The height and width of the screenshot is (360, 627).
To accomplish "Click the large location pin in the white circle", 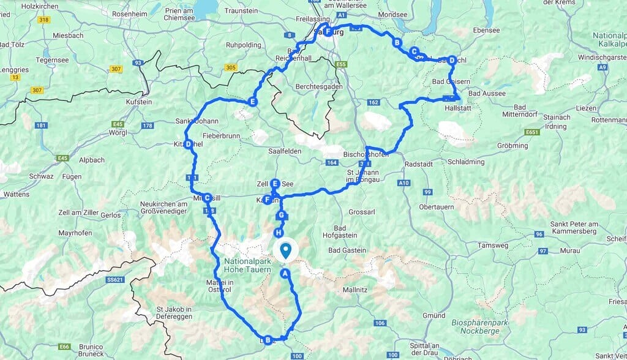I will tap(285, 250).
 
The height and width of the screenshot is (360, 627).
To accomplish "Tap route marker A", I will tap(284, 274).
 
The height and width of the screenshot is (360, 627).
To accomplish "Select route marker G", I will tap(281, 215).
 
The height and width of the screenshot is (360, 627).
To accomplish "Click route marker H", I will tap(279, 233).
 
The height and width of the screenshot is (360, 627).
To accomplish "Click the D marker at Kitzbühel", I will tap(189, 144).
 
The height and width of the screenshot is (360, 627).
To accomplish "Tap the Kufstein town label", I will tap(138, 102).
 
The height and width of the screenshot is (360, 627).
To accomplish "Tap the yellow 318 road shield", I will tap(43, 20).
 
